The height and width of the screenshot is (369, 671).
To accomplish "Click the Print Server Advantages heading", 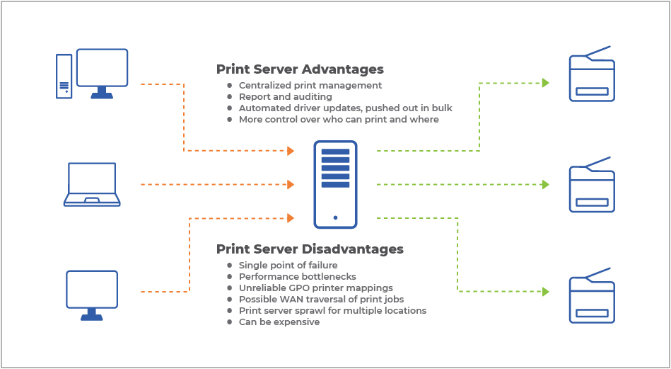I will click(300, 69).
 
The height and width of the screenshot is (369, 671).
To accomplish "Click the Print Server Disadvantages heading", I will click(310, 249).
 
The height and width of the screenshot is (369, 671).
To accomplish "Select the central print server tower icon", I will click(335, 184).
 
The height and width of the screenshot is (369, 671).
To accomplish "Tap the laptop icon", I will click(92, 184).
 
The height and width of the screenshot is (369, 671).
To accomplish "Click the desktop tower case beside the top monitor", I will click(64, 75).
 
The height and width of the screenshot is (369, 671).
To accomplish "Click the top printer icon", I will click(592, 75).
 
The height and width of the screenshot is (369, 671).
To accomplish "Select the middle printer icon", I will click(592, 186).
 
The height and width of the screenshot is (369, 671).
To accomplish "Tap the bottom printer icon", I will click(592, 296).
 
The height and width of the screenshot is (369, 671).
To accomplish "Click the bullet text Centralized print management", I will click(310, 86).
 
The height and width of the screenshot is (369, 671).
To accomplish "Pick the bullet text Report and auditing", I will click(286, 97).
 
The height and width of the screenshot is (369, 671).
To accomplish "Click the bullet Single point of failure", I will click(288, 266).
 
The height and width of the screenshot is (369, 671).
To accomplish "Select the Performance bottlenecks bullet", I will click(298, 277).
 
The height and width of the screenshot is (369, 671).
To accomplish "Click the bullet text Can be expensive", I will click(279, 322).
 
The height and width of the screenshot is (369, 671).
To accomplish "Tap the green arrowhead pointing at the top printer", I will click(546, 83).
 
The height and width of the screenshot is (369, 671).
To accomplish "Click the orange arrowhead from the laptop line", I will click(290, 185).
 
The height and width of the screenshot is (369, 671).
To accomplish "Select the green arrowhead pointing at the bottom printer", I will click(546, 291).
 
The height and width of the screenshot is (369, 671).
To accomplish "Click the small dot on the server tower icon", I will click(335, 217).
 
